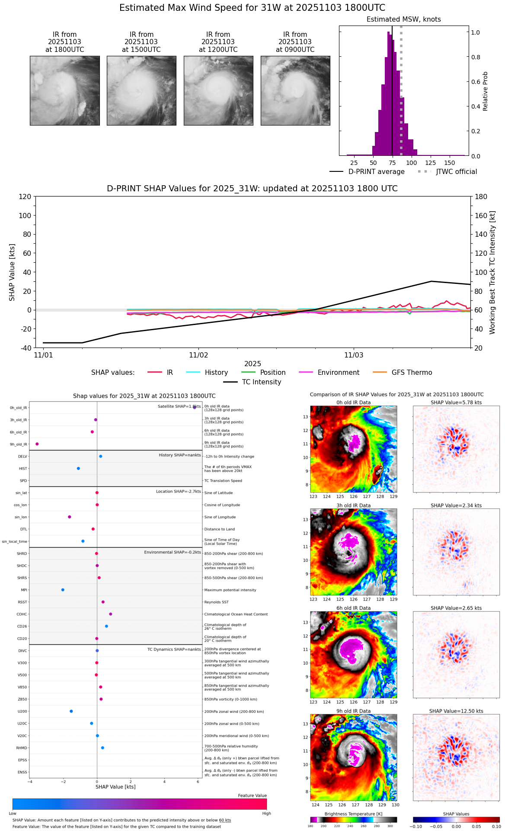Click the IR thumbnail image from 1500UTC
(x=141, y=90)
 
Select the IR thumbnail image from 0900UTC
(x=295, y=90)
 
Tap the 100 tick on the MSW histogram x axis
(x=412, y=163)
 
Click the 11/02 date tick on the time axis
(x=198, y=355)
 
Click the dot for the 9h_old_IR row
(x=37, y=444)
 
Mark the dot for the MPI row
(x=63, y=590)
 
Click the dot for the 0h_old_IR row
(x=195, y=407)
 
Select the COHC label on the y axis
(x=22, y=614)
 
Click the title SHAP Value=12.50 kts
(x=456, y=711)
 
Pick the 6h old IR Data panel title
(x=353, y=608)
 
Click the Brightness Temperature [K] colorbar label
(x=353, y=814)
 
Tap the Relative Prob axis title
(x=486, y=91)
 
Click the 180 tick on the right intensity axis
(x=481, y=196)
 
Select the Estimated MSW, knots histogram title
(x=403, y=19)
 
